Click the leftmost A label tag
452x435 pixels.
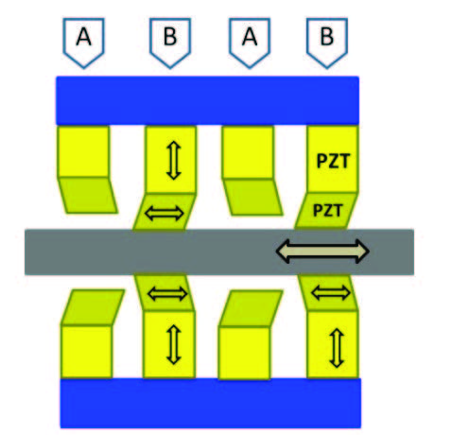83,43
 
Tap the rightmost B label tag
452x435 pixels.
327,43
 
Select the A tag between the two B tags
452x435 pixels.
250,43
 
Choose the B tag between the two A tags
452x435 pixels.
170,43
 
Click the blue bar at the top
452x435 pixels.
207,100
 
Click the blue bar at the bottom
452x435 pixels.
211,403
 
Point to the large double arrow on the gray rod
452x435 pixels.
322,251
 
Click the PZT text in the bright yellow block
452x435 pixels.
333,162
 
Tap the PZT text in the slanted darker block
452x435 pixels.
327,210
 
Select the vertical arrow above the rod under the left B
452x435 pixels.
174,160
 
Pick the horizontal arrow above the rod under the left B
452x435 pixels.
164,214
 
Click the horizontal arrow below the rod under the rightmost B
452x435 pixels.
331,293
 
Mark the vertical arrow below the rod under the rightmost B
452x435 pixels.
337,348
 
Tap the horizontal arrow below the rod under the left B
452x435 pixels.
167,294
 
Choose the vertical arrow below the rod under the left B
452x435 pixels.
174,344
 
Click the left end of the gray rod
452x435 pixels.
26,252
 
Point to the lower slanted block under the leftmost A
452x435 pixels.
93,307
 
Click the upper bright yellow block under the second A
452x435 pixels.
248,152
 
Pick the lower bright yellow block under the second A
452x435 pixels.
244,353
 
